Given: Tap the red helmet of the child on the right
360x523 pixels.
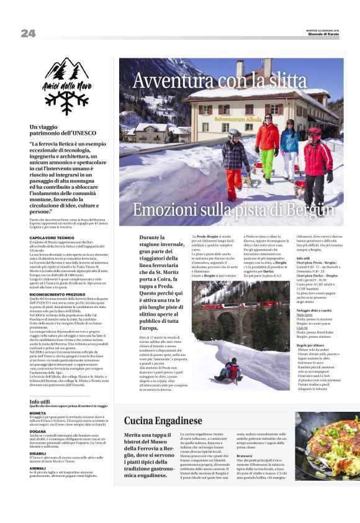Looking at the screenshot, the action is coord(315,132).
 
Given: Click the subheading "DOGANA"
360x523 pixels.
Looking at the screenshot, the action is coord(37,431).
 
